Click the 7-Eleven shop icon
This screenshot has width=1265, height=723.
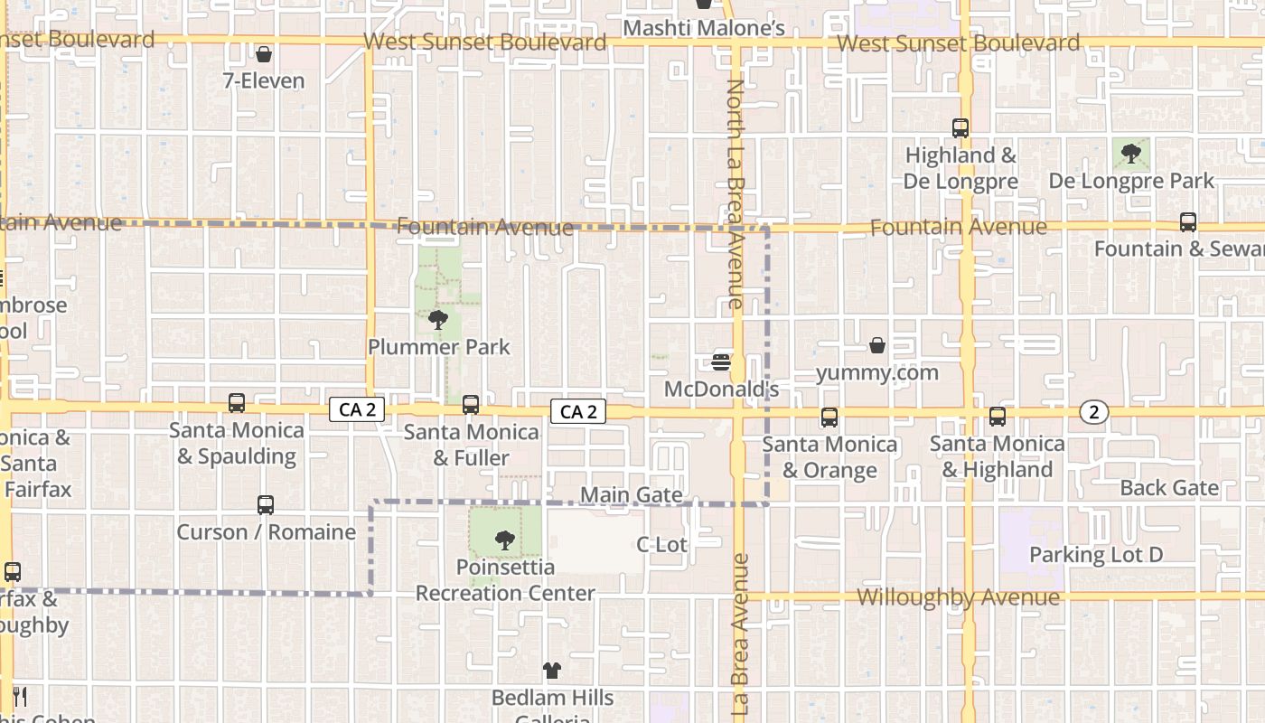tap(264, 55)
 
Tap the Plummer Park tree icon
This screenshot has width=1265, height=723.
tap(438, 319)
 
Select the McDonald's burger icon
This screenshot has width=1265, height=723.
tap(721, 362)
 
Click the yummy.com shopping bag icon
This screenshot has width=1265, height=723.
tap(876, 345)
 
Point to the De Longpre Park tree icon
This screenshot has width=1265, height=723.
tap(1130, 154)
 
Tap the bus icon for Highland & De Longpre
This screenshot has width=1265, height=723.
tap(960, 128)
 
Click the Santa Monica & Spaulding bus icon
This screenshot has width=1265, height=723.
tap(237, 403)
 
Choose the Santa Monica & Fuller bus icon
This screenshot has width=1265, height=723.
tap(471, 405)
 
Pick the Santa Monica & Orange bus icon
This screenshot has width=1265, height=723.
tap(829, 418)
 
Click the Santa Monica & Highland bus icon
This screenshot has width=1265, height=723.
tap(998, 417)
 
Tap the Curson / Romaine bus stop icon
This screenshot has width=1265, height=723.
tap(265, 505)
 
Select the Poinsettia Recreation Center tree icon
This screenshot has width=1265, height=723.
tap(505, 540)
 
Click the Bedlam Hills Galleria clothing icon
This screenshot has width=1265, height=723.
tap(552, 671)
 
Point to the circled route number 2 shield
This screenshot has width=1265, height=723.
tap(1094, 412)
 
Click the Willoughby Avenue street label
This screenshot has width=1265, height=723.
tap(958, 597)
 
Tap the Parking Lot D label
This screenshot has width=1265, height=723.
tap(1096, 555)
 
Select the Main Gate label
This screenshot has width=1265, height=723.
tap(631, 494)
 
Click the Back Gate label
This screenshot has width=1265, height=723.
tap(1169, 488)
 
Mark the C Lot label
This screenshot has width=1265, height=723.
tap(661, 544)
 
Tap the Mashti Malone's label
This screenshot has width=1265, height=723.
tap(704, 29)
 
